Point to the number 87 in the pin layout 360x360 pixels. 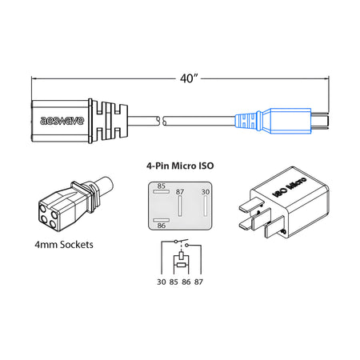coord(180,192)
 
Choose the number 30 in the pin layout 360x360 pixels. coord(205,192)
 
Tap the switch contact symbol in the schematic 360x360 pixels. coord(180,244)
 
